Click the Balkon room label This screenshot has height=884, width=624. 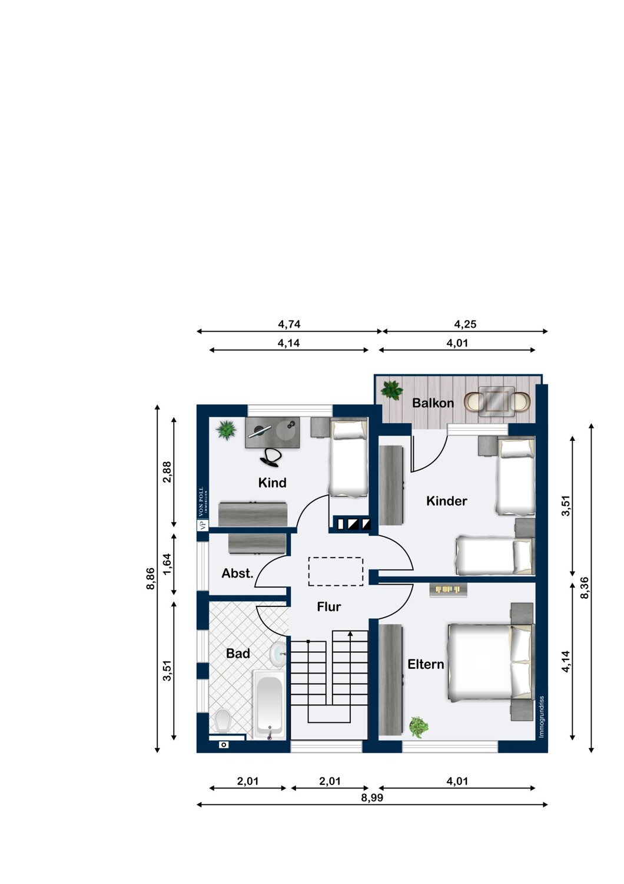coord(433,403)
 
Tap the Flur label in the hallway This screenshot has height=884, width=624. coord(328,606)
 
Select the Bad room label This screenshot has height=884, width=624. coord(238,653)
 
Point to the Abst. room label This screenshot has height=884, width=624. coord(237,573)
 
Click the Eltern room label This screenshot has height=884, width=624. coord(426,664)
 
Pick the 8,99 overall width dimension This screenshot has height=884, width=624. coord(372,797)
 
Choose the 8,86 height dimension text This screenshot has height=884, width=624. coord(151,579)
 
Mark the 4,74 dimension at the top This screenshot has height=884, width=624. coord(289,324)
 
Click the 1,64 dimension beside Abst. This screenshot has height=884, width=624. coord(167,565)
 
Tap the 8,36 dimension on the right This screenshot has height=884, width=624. coord(585,588)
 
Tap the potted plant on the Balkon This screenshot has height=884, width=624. coord(391,390)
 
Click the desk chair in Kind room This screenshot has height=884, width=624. coord(271,457)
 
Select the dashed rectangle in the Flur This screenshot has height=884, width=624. coord(336,572)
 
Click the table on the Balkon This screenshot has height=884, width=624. coord(497,401)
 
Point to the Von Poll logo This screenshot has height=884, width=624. coord(203,509)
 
